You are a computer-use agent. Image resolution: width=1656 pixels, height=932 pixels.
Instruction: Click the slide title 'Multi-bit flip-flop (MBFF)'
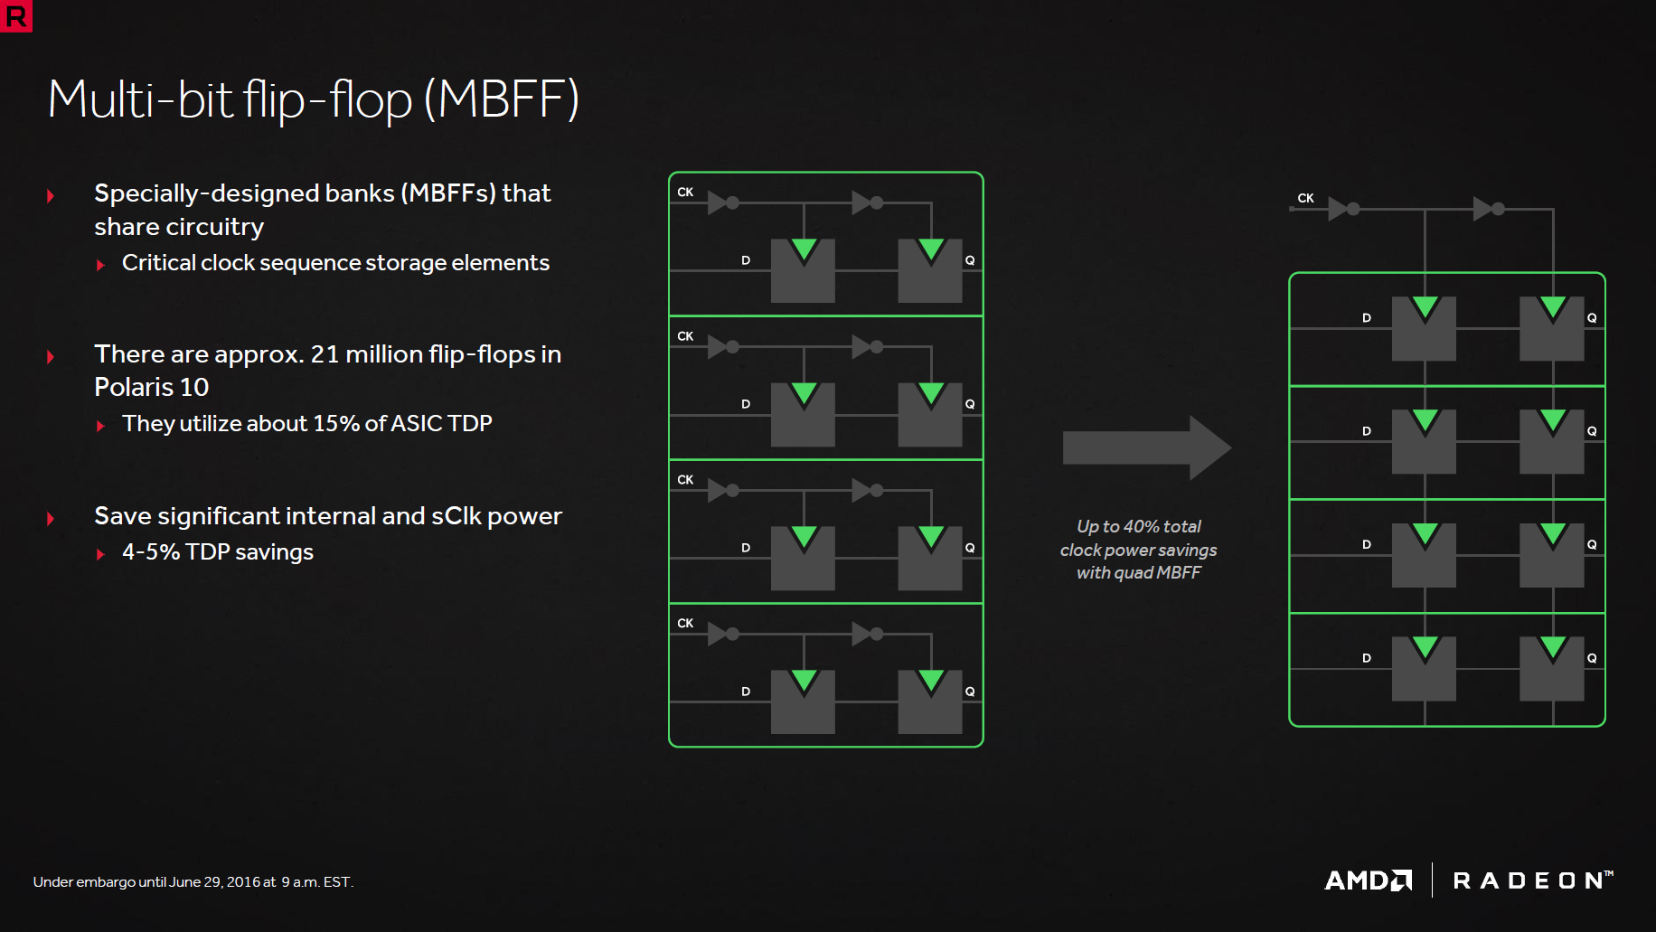point(313,99)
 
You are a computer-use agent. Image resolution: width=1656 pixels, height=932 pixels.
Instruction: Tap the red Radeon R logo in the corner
point(15,15)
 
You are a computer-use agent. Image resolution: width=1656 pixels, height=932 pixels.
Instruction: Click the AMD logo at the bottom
point(1368,880)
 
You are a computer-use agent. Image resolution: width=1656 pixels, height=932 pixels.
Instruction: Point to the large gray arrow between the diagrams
point(1146,448)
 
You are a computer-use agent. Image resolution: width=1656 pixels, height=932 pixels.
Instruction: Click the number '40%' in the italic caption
point(1141,526)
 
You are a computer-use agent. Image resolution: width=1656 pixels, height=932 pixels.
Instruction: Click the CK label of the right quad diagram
point(1305,198)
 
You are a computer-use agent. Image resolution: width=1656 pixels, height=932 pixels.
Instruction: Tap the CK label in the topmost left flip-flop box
point(685,192)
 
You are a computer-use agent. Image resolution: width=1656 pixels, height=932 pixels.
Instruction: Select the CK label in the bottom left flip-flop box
point(685,623)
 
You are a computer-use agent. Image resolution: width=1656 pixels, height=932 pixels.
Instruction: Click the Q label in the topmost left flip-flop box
point(970,260)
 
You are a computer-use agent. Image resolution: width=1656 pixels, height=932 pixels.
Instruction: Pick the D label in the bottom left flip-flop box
point(746,692)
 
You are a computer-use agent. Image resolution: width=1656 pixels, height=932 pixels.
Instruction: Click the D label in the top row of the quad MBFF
point(1367,318)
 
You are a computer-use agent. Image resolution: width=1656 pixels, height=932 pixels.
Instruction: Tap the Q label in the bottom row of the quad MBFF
point(1592,658)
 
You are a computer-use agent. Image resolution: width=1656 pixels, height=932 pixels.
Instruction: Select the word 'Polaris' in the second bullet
point(133,387)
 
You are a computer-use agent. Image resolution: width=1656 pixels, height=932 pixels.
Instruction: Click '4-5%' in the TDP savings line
point(151,551)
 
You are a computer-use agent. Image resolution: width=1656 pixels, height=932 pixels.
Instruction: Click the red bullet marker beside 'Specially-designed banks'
point(51,195)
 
